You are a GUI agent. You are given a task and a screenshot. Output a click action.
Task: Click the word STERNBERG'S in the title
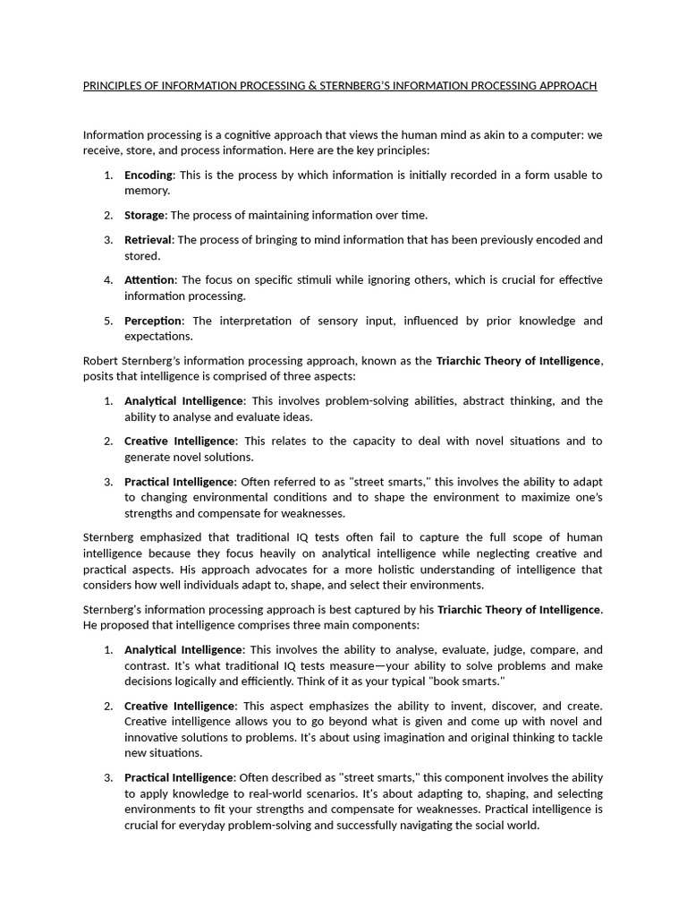(360, 86)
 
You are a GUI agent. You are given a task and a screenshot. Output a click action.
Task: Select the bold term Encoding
(148, 175)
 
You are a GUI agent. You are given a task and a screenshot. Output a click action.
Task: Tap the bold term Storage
(144, 215)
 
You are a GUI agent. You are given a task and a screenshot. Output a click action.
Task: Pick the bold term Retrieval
(148, 240)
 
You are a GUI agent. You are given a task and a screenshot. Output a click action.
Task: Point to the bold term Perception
(153, 321)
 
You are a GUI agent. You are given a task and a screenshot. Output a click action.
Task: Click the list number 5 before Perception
(107, 321)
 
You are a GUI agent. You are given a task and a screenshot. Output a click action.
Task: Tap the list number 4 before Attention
(107, 280)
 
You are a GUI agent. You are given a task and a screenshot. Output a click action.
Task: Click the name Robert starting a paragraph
(100, 361)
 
